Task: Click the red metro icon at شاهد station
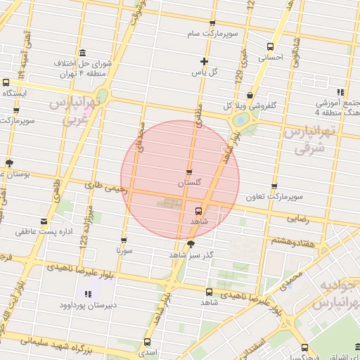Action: [x=199, y=210]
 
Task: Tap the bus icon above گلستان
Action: [x=188, y=172]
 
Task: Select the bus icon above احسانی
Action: [x=270, y=47]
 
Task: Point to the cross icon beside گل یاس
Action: [x=205, y=60]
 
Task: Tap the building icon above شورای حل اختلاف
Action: [x=83, y=53]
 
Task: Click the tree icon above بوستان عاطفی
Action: [x=9, y=162]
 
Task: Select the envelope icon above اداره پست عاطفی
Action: [x=35, y=219]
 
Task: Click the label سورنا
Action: [x=124, y=250]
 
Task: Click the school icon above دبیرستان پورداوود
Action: [x=86, y=294]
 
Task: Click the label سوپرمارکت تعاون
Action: [x=274, y=198]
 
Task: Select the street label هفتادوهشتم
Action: [x=288, y=240]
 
